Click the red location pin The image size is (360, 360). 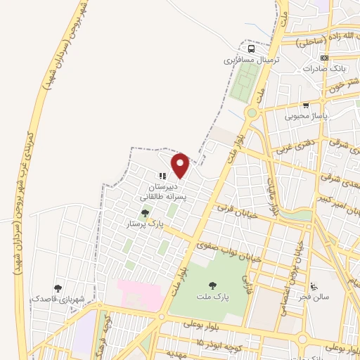click(x=181, y=165)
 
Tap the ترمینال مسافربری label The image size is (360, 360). click(x=252, y=60)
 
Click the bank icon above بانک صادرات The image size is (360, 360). click(x=323, y=58)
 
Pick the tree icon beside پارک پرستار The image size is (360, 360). click(x=145, y=212)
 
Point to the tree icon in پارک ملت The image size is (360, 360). click(x=212, y=285)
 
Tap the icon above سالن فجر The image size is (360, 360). click(x=314, y=285)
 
